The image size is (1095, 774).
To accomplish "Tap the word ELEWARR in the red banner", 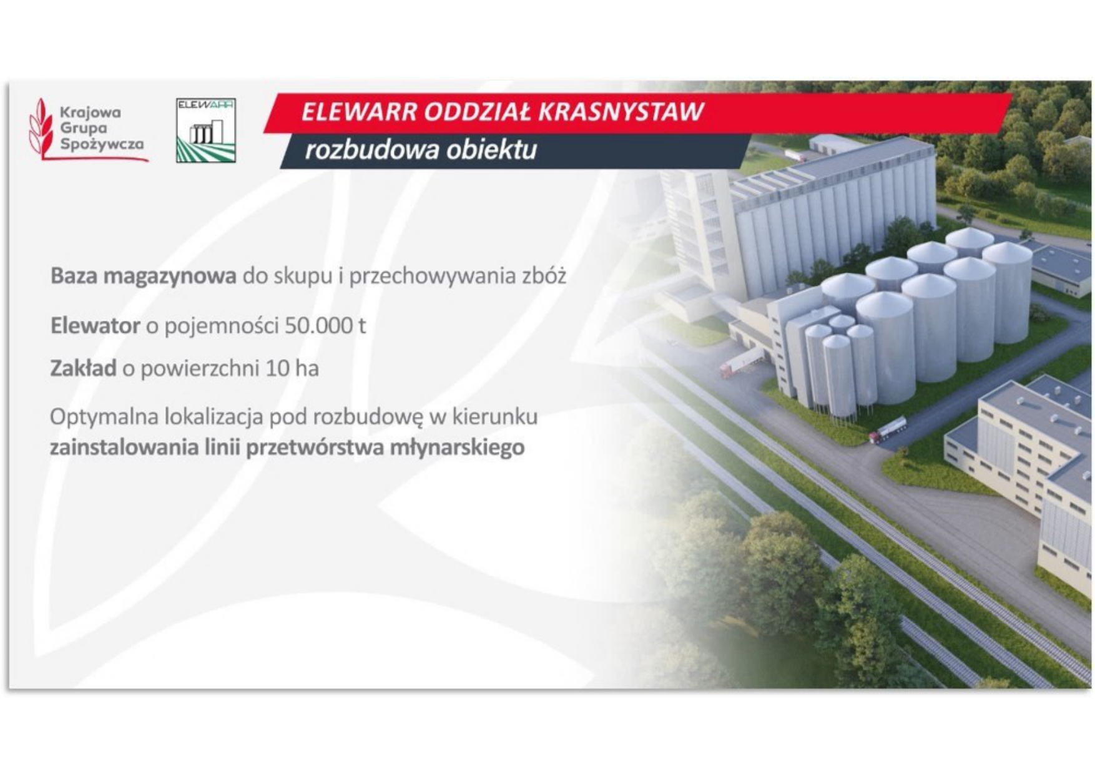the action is [359, 112].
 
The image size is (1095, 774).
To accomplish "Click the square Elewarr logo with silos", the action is [206, 130].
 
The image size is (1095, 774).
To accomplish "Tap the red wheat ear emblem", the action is [41, 129].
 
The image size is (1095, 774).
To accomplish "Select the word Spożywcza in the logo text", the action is [102, 144].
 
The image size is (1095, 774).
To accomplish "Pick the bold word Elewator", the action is [96, 326].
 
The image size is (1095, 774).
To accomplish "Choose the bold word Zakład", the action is [83, 368].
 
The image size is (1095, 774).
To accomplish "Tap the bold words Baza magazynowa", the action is [144, 276].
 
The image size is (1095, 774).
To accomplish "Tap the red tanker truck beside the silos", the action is [888, 430].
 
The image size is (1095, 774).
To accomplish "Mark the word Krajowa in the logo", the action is [91, 113].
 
